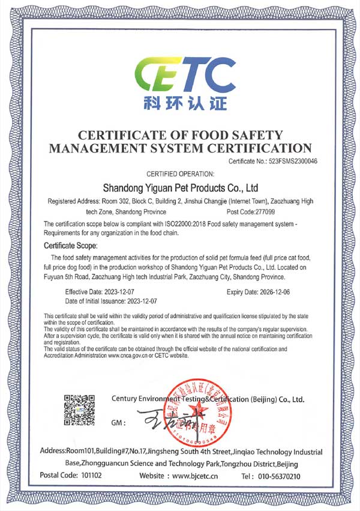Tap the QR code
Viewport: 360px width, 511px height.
(80, 410)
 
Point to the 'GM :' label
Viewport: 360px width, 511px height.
(119, 423)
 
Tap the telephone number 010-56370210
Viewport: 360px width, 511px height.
(278, 476)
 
